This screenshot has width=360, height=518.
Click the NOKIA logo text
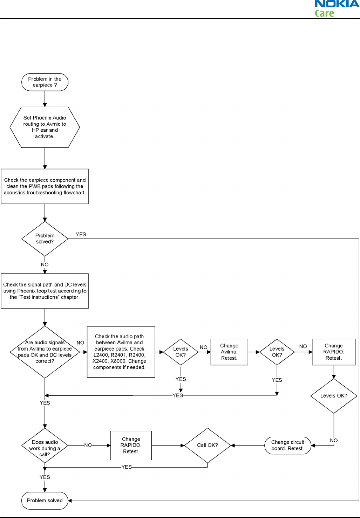pos(337,4)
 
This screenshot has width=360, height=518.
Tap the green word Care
pos(324,13)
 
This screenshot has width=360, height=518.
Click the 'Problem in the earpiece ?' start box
pos(45,82)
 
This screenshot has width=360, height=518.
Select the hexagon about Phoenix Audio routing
pos(45,127)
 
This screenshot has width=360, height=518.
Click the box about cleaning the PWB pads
pos(45,186)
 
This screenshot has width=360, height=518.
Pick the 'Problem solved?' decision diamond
pos(45,239)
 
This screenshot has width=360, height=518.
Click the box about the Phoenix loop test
pos(45,291)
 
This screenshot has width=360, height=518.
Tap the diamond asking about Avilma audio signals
pos(45,352)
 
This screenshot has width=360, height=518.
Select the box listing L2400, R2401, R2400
pos(121,352)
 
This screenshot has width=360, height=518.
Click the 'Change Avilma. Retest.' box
pos(229,352)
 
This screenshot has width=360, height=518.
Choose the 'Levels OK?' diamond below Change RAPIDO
pos(334,396)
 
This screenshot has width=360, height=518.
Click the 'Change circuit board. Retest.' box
pos(287,446)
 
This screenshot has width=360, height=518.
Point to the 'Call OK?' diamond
pos(208,446)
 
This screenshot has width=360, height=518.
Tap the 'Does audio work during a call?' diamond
pos(45,446)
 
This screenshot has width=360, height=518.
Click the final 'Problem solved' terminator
pos(45,500)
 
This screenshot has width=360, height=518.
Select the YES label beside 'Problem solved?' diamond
pos(81,234)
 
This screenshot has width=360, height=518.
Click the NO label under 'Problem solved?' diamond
pos(45,264)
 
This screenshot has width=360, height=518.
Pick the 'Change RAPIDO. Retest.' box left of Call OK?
pos(131,446)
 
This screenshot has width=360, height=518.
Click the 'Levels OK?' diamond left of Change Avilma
pos(181,352)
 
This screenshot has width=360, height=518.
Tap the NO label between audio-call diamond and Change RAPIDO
pos(88,445)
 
